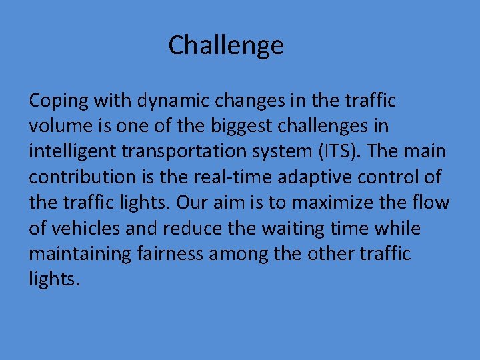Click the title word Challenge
[226, 45]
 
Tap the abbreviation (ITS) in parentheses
[339, 151]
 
